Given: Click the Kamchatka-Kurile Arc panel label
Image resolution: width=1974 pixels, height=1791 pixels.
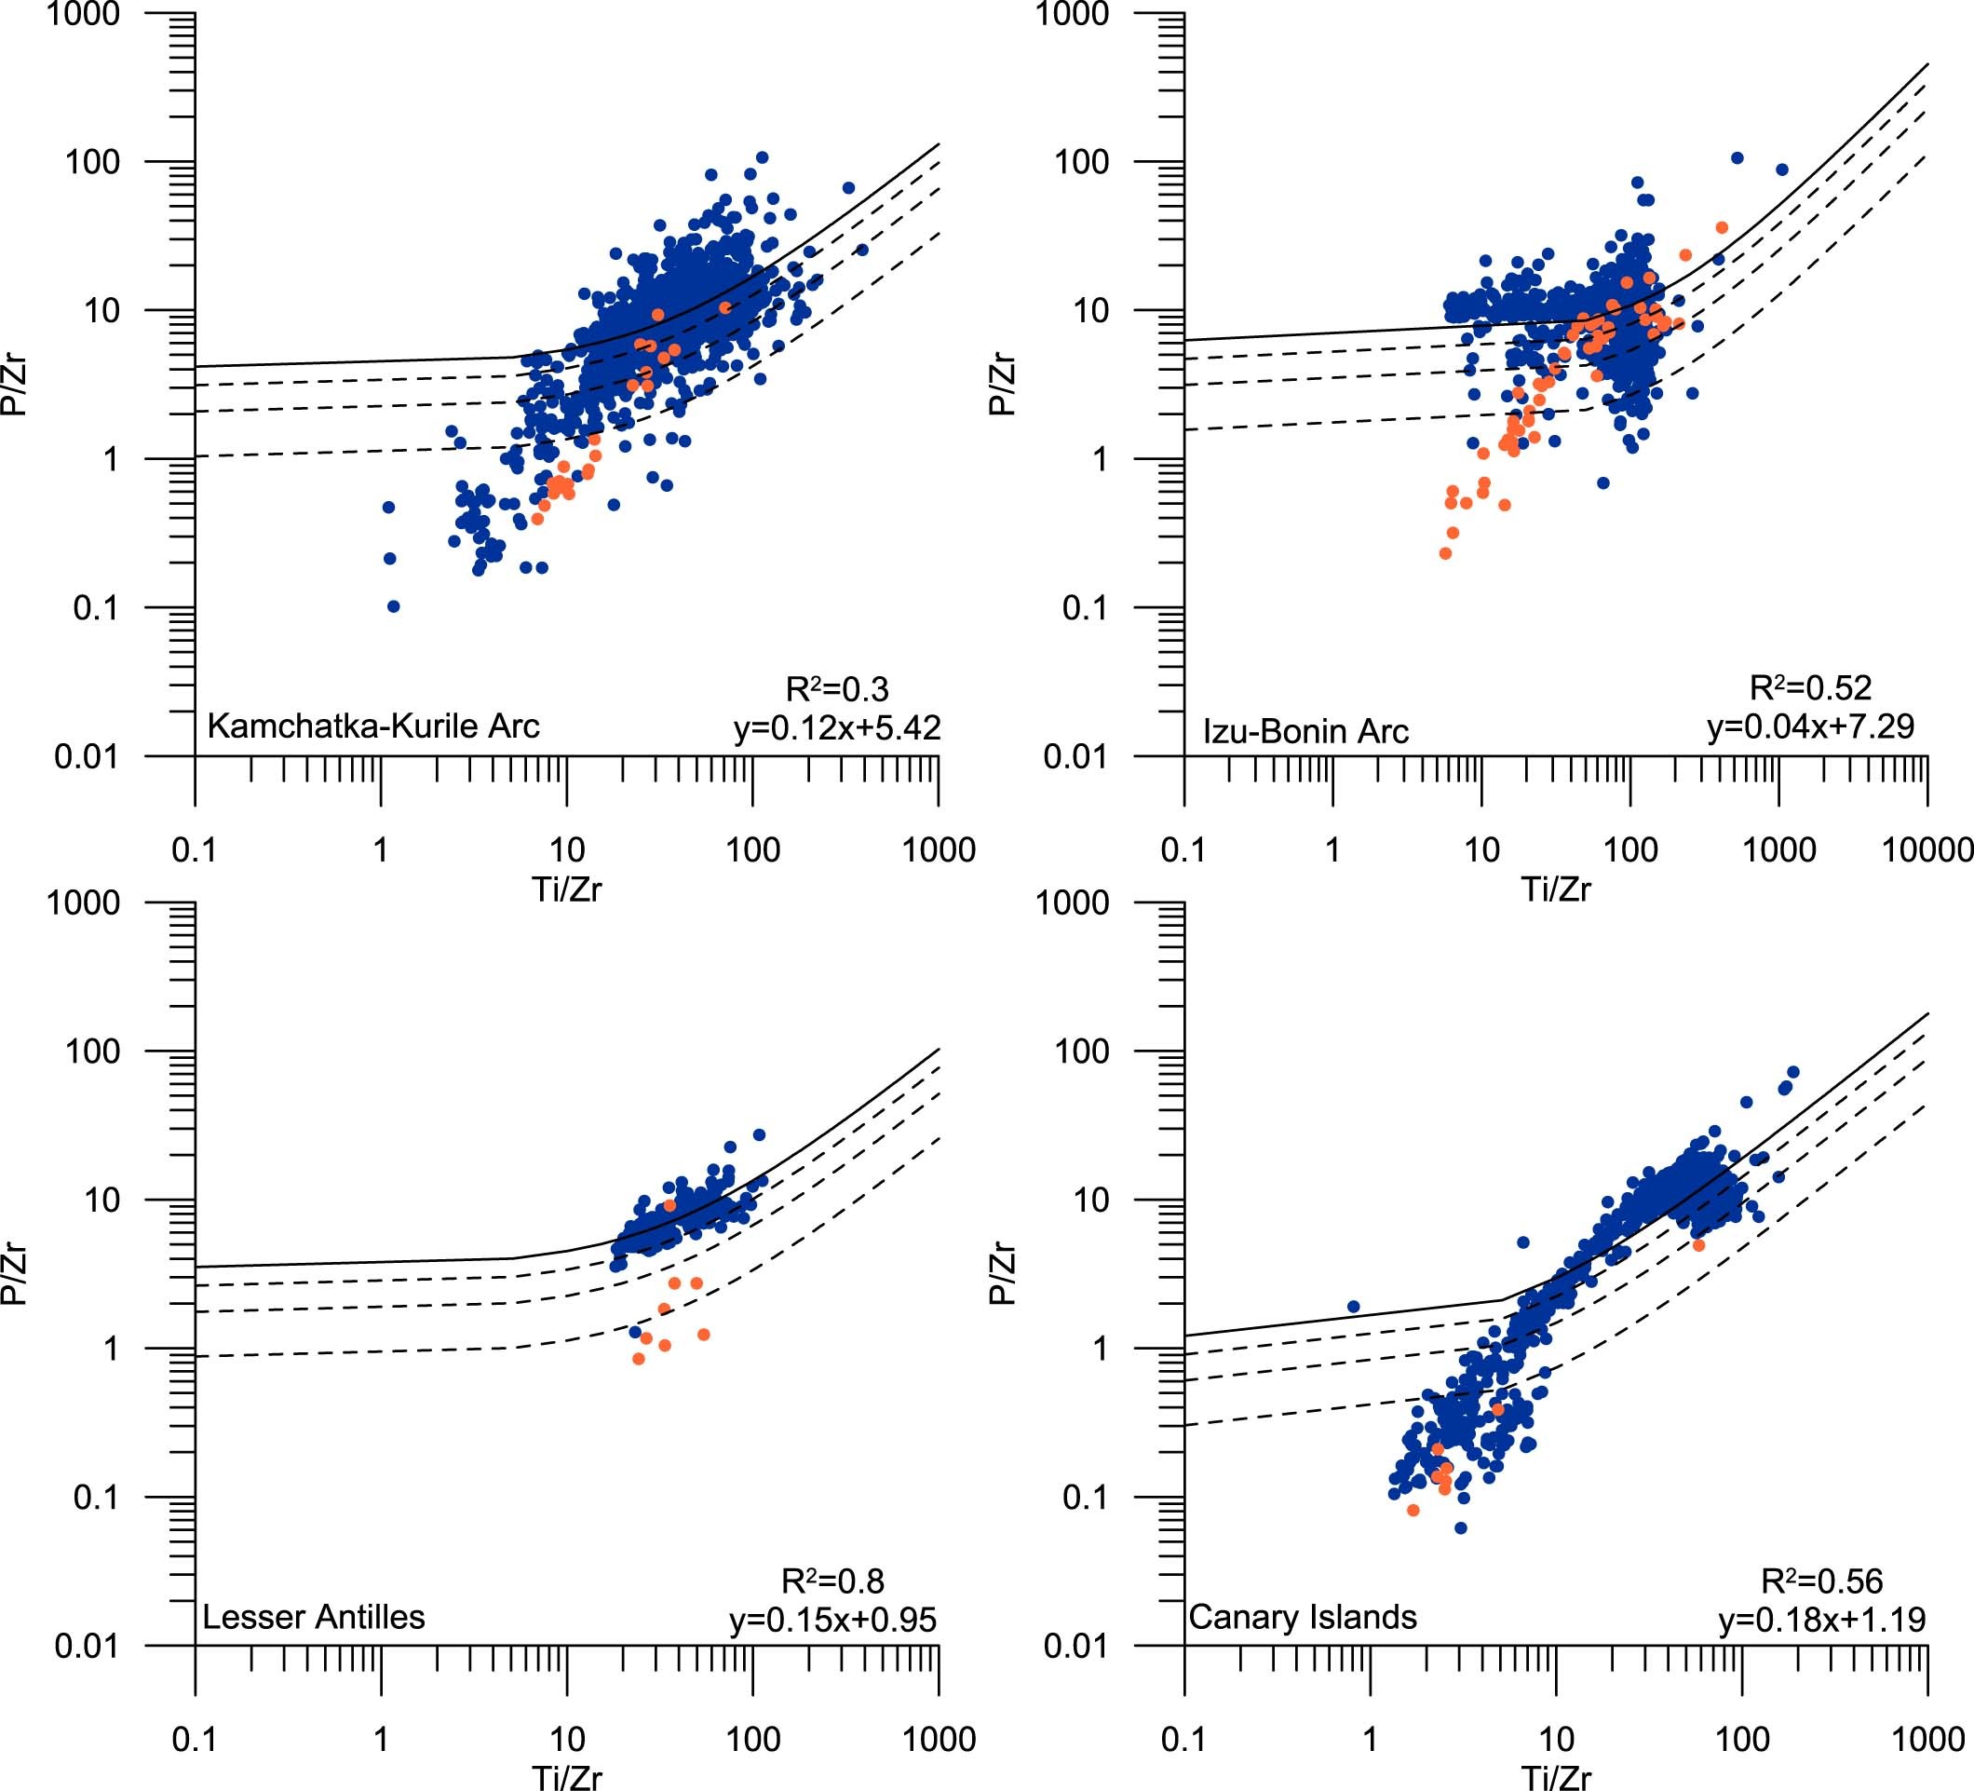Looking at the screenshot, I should (x=373, y=726).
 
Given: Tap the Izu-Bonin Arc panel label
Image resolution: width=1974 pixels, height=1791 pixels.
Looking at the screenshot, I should (x=1305, y=731).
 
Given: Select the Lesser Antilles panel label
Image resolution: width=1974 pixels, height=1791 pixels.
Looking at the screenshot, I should (x=314, y=1617).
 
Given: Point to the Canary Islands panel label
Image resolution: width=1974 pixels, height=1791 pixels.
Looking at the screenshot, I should (x=1303, y=1617).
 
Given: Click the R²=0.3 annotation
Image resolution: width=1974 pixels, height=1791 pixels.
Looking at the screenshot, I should (x=837, y=689).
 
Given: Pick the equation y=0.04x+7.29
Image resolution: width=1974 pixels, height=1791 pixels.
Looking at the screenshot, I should (x=1810, y=726).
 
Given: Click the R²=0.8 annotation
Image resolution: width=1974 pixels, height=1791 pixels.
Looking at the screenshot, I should (x=832, y=1581).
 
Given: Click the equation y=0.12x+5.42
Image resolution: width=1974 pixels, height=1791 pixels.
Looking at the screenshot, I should (x=837, y=727).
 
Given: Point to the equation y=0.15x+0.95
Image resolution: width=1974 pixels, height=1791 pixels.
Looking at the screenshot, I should (x=832, y=1620).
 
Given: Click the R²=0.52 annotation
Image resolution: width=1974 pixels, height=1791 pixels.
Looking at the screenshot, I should (x=1810, y=687).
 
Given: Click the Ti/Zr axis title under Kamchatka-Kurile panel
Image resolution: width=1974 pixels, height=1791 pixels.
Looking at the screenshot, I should (x=566, y=889).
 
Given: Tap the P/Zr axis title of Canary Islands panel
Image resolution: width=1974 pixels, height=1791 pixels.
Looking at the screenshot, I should (x=1001, y=1274).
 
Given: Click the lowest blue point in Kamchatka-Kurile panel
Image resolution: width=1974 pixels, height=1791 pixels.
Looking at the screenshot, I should (x=394, y=606).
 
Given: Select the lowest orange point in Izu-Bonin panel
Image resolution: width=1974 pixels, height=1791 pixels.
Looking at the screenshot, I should (x=1445, y=553).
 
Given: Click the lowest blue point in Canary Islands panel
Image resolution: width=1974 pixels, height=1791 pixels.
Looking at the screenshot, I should (x=1461, y=1527).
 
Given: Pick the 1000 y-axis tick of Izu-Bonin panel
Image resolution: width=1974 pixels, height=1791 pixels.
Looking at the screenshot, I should (x=1075, y=14).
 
